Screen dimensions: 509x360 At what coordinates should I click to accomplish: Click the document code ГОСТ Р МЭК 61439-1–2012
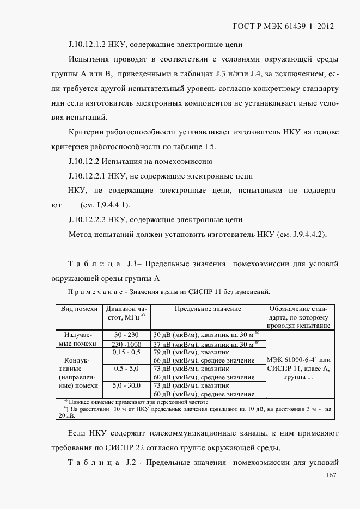[x=283, y=26]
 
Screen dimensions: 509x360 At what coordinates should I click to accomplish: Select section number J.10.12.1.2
[x=90, y=45]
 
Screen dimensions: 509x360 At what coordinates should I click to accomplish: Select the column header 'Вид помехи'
[x=79, y=309]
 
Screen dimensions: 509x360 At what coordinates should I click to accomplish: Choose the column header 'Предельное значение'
[x=208, y=309]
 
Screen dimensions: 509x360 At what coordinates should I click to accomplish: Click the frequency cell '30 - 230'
[x=126, y=334]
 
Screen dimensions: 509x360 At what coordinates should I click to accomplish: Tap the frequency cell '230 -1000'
[x=126, y=344]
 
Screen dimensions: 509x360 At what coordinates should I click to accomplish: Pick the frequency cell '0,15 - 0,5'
[x=126, y=353]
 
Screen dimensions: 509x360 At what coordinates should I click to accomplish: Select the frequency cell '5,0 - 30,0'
[x=126, y=385]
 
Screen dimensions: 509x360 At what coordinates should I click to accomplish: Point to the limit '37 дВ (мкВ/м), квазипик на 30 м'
[x=204, y=344]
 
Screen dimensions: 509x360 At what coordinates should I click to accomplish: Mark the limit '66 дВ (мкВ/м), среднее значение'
[x=204, y=361]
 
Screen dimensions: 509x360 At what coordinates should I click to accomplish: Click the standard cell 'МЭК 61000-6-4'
[x=299, y=360]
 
